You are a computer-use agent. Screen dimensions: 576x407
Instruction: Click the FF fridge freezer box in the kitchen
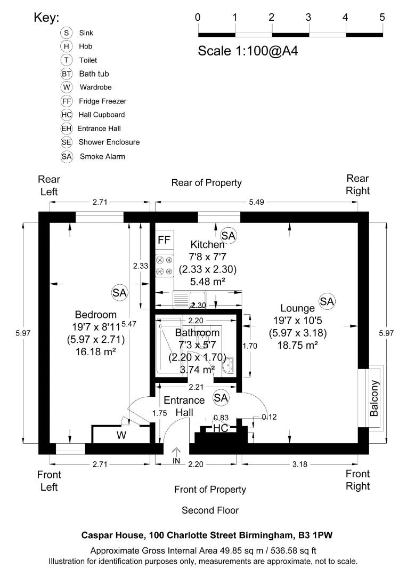click(164, 240)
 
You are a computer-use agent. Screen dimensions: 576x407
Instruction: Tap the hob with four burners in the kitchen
click(165, 266)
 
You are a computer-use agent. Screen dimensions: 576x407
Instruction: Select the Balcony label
click(375, 398)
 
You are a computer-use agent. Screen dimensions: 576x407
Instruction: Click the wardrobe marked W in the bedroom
click(122, 435)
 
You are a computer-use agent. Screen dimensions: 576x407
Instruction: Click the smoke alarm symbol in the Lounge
click(327, 301)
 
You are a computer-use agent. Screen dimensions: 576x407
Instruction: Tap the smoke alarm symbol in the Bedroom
click(120, 292)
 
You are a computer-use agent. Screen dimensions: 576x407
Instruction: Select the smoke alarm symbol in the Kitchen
click(229, 235)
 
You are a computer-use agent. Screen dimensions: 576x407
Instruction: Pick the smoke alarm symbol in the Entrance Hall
click(221, 397)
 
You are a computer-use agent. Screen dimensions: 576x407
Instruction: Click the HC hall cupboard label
click(221, 428)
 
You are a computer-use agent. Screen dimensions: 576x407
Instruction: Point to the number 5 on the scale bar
click(382, 17)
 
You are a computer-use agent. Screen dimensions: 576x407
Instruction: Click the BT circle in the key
click(67, 74)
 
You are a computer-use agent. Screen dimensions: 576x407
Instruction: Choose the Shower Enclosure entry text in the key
click(109, 142)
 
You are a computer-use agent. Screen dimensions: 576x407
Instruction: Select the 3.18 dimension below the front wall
click(300, 464)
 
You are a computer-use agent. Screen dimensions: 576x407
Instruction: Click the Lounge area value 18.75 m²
click(298, 345)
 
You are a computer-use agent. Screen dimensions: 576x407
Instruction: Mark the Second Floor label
click(210, 510)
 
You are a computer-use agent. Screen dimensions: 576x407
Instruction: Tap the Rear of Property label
click(206, 182)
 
